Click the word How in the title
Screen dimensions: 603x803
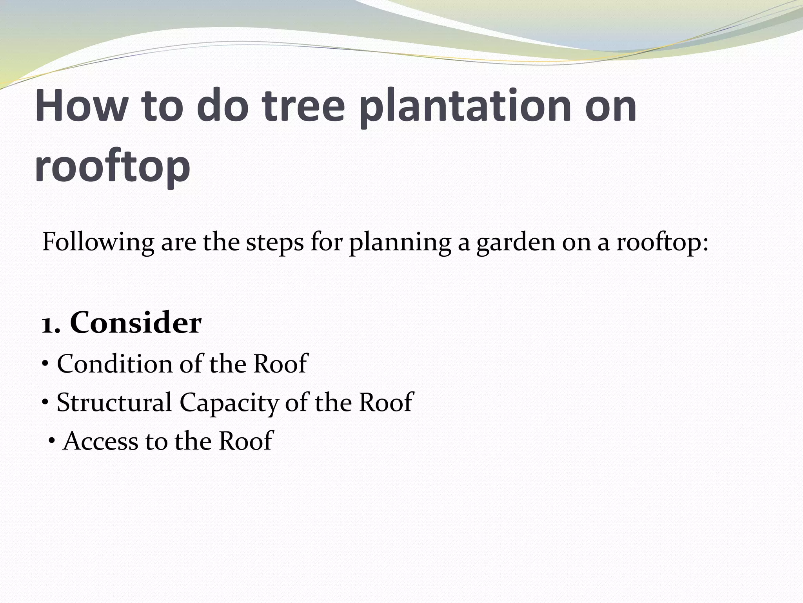coord(79,106)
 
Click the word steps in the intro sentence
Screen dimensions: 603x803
coord(275,243)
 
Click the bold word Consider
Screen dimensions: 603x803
coord(136,323)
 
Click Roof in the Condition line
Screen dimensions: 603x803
coord(281,364)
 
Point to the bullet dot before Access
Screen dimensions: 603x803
coord(52,440)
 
